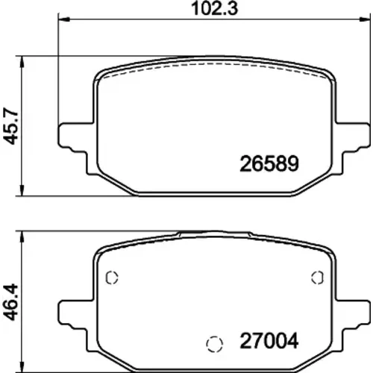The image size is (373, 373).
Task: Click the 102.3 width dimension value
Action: pyautogui.click(x=215, y=8)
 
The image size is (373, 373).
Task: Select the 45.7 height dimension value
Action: pyautogui.click(x=11, y=126)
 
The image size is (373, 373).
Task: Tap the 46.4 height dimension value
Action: pyautogui.click(x=11, y=302)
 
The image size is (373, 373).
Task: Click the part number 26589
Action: pyautogui.click(x=269, y=163)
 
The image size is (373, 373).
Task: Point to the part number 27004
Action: pyautogui.click(x=269, y=341)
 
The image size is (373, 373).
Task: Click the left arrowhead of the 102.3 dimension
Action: pyautogui.click(x=63, y=19)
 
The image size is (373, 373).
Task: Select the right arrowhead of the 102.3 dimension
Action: pyautogui.click(x=365, y=19)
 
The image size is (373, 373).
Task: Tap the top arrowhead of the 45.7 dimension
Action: pyautogui.click(x=22, y=60)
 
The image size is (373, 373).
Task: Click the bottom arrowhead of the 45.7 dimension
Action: pyautogui.click(x=22, y=191)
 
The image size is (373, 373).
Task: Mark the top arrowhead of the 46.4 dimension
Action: pyautogui.click(x=22, y=236)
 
